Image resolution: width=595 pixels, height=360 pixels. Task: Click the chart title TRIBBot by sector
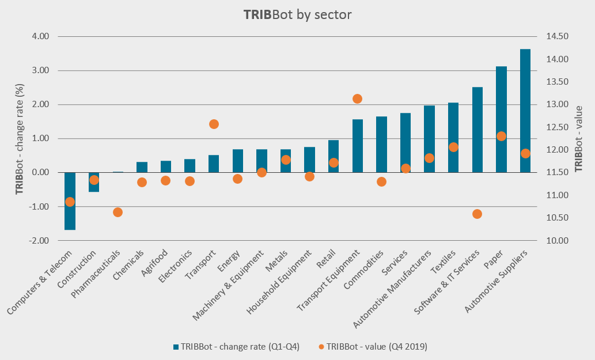pyautogui.click(x=297, y=14)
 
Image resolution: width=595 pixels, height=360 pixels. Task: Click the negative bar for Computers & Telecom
pyautogui.click(x=70, y=201)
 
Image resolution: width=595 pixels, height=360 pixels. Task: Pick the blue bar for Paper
pyautogui.click(x=501, y=119)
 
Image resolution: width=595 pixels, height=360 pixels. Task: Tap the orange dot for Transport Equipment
pyautogui.click(x=357, y=98)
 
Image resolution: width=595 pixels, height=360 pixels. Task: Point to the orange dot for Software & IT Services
pyautogui.click(x=477, y=214)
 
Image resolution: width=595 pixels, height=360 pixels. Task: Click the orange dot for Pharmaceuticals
pyautogui.click(x=118, y=212)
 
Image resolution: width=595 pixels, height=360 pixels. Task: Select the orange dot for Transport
pyautogui.click(x=214, y=124)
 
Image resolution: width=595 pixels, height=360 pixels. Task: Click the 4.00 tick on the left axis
pyautogui.click(x=40, y=36)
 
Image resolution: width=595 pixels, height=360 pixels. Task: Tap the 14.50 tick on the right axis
pyautogui.click(x=557, y=36)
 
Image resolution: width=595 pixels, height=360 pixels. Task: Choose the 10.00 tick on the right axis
pyautogui.click(x=557, y=241)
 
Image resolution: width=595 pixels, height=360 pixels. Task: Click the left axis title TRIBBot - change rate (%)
pyautogui.click(x=20, y=138)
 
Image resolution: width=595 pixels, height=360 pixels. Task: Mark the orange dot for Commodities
pyautogui.click(x=381, y=181)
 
